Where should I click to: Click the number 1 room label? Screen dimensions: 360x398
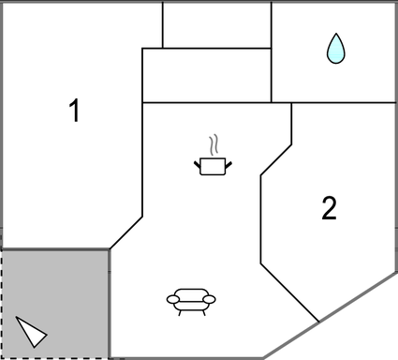(74, 112)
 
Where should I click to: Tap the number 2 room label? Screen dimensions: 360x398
(329, 208)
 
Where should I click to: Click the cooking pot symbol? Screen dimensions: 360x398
(214, 166)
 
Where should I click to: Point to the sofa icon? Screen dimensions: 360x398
(191, 299)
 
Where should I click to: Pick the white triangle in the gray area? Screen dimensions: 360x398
(31, 331)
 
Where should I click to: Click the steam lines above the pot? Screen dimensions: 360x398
(214, 144)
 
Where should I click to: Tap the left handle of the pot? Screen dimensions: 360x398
(199, 165)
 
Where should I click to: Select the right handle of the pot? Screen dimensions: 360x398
(228, 165)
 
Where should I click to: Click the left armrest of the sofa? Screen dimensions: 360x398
(172, 299)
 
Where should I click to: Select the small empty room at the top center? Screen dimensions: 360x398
(216, 24)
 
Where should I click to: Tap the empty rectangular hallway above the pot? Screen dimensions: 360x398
(206, 75)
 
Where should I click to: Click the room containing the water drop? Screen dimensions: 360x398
(333, 52)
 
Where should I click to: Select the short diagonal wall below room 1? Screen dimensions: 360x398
(126, 232)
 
